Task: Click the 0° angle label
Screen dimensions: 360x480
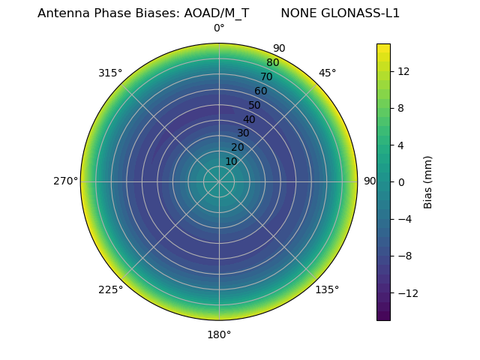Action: [219, 28]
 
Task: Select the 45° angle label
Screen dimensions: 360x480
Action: [327, 73]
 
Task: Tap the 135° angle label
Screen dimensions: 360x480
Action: [327, 290]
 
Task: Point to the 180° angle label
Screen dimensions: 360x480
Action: [219, 334]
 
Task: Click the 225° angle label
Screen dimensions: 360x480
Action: [110, 290]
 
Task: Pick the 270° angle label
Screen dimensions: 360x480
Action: [65, 181]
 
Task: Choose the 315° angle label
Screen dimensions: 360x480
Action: [110, 73]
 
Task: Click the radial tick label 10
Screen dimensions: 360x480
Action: [231, 161]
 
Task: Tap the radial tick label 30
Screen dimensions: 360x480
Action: [243, 133]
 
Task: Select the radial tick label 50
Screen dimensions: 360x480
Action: [255, 106]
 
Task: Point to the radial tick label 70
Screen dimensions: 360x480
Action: [266, 77]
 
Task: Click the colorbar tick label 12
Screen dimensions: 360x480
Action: [403, 71]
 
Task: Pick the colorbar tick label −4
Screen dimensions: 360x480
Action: [404, 219]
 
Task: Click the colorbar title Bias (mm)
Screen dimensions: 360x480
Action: [428, 181]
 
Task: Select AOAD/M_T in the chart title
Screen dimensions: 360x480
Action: [217, 13]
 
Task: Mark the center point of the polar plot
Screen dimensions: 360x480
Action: [219, 181]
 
